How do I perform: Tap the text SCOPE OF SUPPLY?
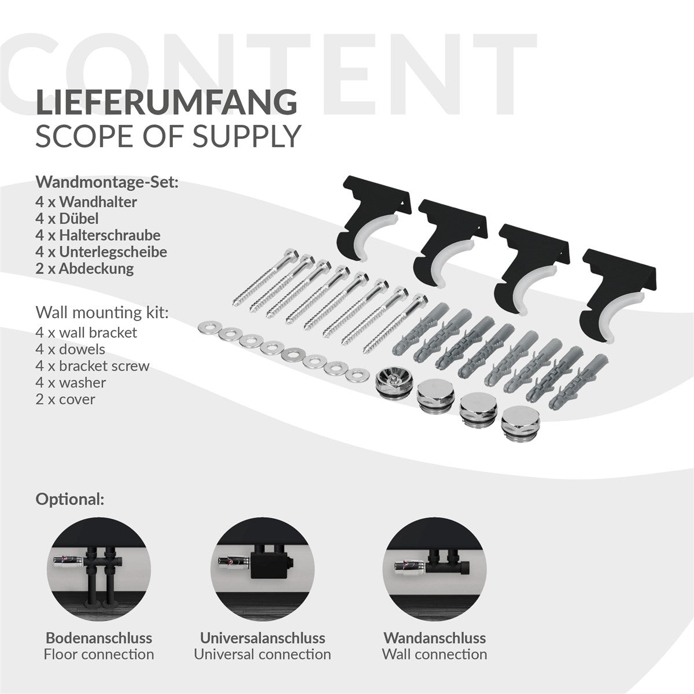pyautogui.click(x=168, y=137)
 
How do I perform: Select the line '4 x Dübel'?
pyautogui.click(x=67, y=219)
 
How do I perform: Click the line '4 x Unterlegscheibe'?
pyautogui.click(x=101, y=252)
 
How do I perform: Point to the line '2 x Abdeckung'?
pyautogui.click(x=84, y=269)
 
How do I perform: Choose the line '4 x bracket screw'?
pyautogui.click(x=93, y=366)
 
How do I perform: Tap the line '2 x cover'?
pyautogui.click(x=65, y=400)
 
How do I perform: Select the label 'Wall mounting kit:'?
pyautogui.click(x=102, y=313)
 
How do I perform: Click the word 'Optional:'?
pyautogui.click(x=70, y=500)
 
